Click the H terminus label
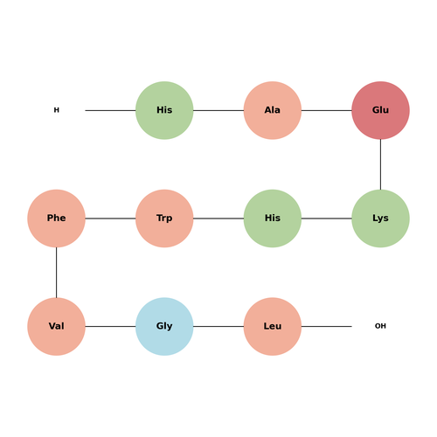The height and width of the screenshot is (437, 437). coord(57,110)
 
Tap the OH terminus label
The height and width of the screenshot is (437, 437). coord(380,326)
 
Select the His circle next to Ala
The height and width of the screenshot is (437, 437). coord(164,110)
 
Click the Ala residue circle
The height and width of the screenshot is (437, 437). coord(273,110)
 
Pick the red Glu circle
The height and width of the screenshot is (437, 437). coord(380,110)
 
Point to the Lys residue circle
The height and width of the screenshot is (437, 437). coord(380,218)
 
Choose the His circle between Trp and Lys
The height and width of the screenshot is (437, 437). coord(273,218)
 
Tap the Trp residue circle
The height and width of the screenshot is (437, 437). coord(164,218)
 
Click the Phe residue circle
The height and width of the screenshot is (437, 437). coord(56,218)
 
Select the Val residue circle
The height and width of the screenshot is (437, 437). coord(56,327)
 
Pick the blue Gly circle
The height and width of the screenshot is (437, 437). coord(164,327)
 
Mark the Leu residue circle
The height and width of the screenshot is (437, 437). coord(273,327)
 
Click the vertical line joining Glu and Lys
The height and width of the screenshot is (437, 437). coord(380,164)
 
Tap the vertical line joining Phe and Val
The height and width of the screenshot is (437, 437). coord(56,273)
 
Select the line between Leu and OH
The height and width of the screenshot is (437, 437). coord(327,327)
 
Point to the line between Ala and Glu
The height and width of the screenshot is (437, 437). coord(327,110)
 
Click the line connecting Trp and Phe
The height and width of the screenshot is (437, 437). coord(110,218)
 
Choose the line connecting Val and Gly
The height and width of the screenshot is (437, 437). coord(110,327)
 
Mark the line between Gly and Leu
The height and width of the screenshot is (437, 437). coord(218,327)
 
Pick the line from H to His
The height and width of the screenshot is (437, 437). coord(110,110)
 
